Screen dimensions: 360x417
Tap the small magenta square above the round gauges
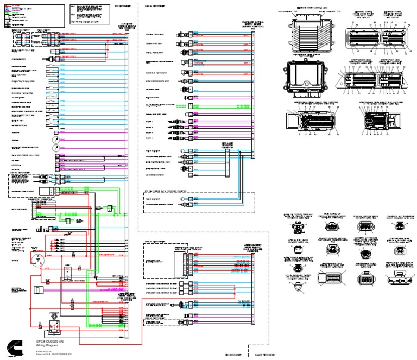56,131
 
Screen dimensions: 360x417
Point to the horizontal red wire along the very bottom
109,345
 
